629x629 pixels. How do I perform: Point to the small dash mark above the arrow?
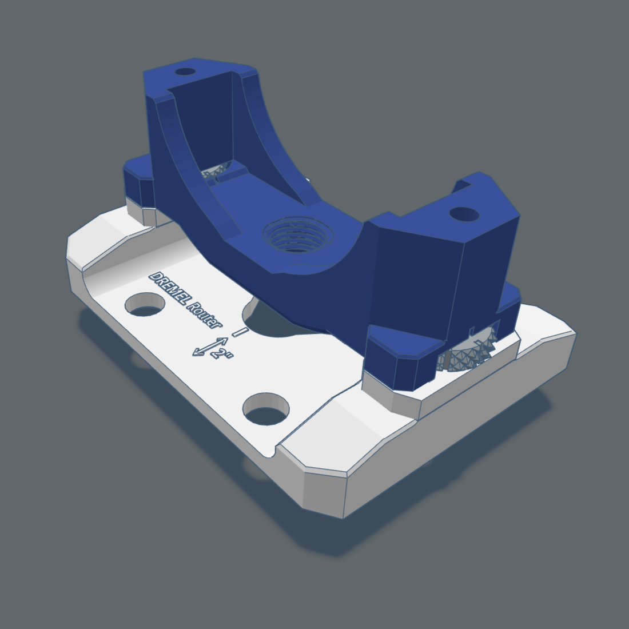click(241, 331)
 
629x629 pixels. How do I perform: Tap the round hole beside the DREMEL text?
click(144, 305)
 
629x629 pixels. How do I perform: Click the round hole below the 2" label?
click(266, 408)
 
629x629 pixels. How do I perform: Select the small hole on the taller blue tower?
click(185, 72)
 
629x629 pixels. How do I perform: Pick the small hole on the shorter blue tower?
click(464, 214)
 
